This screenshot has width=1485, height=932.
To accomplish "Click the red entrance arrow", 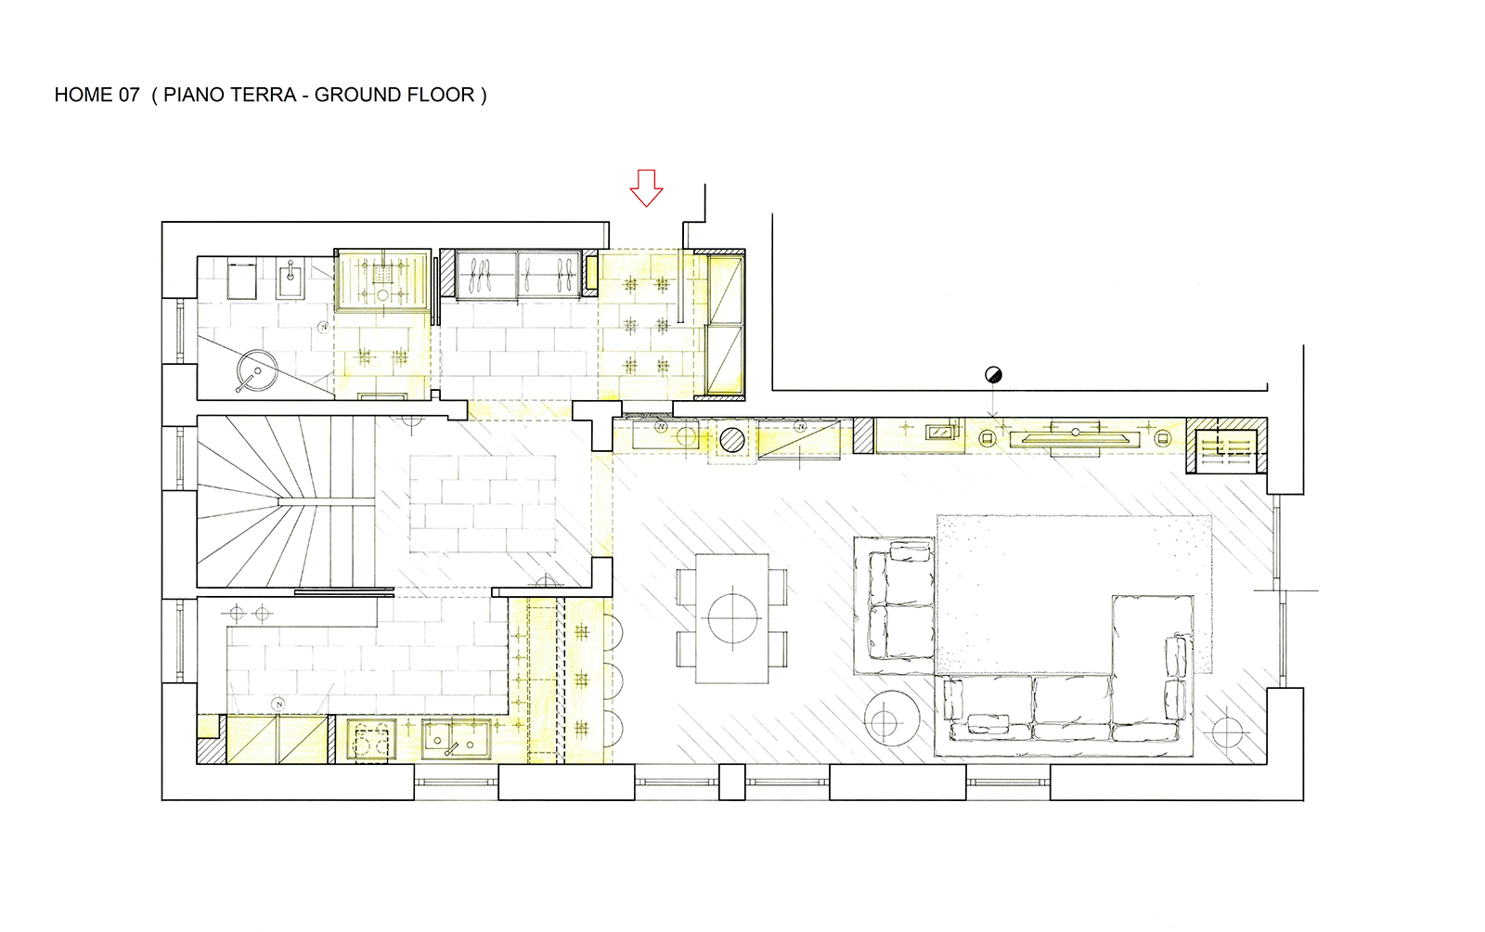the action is (646, 188).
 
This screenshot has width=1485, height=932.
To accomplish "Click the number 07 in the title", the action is (129, 95).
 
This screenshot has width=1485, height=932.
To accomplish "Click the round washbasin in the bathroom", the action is (257, 370).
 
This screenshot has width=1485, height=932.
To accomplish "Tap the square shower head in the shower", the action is (382, 274).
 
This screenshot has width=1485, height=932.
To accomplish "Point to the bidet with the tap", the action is (291, 278).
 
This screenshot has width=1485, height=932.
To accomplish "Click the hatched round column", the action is (732, 440).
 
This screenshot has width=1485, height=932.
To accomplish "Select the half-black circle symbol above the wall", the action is (993, 374).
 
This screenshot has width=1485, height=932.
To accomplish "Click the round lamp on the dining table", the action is (732, 618).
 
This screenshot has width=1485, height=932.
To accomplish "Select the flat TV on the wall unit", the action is (1076, 437).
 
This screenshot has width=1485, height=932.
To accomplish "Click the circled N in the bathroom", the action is (324, 327).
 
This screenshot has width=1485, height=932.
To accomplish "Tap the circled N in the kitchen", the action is (279, 704).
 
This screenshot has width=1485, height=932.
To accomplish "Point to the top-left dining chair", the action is (686, 587).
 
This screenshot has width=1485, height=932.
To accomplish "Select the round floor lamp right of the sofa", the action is (1227, 731).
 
